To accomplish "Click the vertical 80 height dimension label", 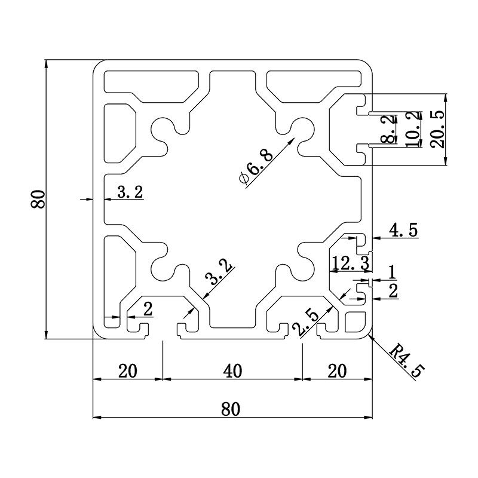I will [x=38, y=198].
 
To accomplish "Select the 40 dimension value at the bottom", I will [x=232, y=371].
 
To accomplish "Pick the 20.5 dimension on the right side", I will [x=437, y=130].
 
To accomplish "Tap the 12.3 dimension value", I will [x=350, y=262].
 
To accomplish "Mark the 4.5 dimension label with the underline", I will [x=404, y=229].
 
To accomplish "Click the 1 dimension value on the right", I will [x=391, y=272].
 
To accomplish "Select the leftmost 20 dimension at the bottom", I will [x=127, y=371].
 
